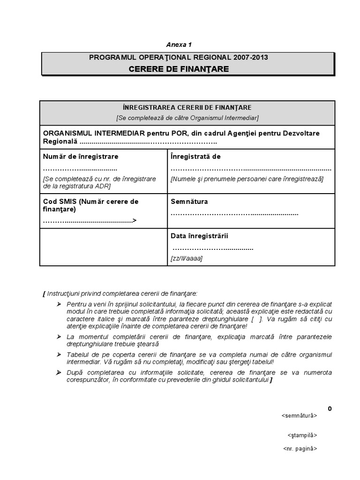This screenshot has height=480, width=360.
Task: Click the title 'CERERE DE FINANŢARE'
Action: pyautogui.click(x=179, y=69)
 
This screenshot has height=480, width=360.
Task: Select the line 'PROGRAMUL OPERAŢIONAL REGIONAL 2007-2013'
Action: pyautogui.click(x=179, y=58)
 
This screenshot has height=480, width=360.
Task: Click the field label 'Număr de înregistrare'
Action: pyautogui.click(x=81, y=157)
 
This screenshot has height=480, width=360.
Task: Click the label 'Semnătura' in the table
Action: pyautogui.click(x=189, y=202)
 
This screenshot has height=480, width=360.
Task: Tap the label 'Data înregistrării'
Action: pyautogui.click(x=200, y=236)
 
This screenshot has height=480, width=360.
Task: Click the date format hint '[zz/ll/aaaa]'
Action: pyautogui.click(x=187, y=258)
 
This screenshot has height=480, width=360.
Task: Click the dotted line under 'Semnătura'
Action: pyautogui.click(x=234, y=214)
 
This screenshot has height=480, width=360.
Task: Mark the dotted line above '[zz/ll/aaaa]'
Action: pyautogui.click(x=213, y=248)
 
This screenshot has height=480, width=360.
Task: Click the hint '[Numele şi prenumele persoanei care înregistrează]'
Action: pyautogui.click(x=247, y=179)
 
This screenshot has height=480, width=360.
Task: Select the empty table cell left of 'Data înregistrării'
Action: pyautogui.click(x=103, y=247)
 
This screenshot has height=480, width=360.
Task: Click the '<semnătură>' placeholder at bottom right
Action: pyautogui.click(x=299, y=415)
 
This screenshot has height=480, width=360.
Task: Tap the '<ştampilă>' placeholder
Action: pyautogui.click(x=302, y=435)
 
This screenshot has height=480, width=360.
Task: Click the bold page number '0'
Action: pyautogui.click(x=330, y=408)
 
